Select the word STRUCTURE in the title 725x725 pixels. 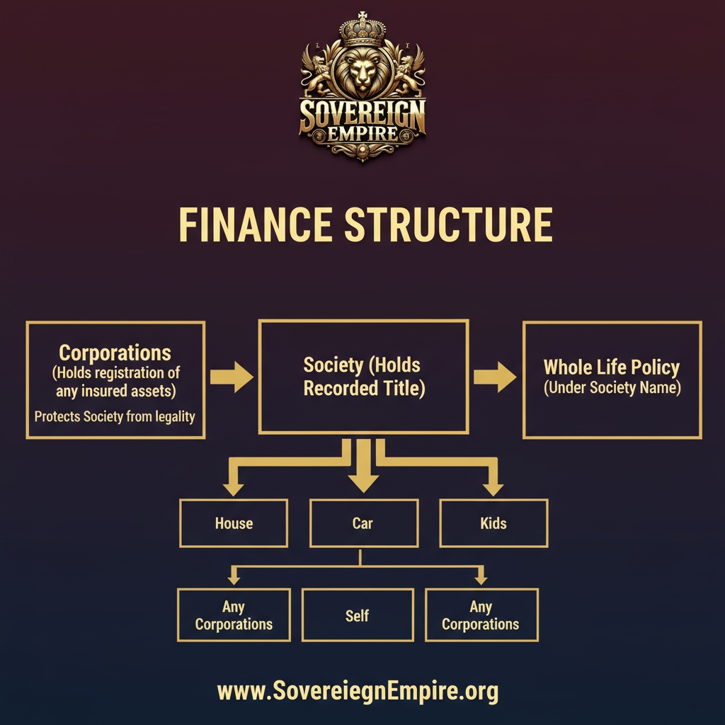(448, 225)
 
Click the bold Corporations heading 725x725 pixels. (115, 353)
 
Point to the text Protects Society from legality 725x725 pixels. (115, 416)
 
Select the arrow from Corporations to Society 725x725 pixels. (232, 377)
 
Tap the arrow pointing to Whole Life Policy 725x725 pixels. (495, 377)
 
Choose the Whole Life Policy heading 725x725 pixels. (612, 367)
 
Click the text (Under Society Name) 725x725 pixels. (612, 388)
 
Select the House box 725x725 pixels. (234, 523)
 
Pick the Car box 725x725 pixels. (362, 523)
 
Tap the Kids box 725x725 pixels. (493, 523)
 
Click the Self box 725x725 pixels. (358, 615)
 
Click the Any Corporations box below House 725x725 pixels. (234, 615)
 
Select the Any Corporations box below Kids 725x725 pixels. (481, 615)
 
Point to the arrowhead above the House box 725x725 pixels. (232, 489)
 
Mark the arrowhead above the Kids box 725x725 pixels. (493, 489)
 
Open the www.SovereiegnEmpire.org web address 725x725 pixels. (358, 690)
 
